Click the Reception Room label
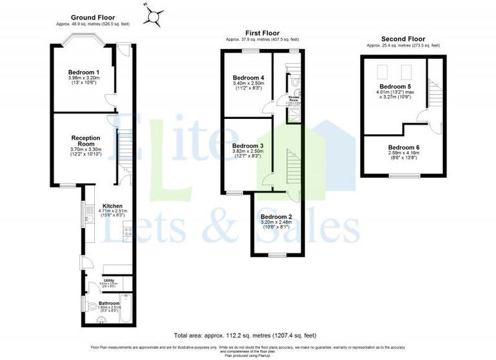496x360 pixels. coord(85,140)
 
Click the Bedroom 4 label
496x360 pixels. coord(248,78)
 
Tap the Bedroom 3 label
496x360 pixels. coord(248,146)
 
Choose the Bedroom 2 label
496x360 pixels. coord(276,217)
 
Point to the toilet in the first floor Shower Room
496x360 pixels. coord(294,82)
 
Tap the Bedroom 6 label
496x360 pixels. coord(404,147)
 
